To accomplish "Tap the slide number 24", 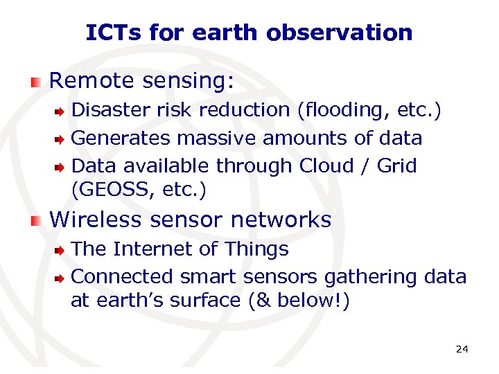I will tap(462, 349).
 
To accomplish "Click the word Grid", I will tap(397, 166).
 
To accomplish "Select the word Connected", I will tap(122, 276).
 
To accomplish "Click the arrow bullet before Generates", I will tap(60, 139).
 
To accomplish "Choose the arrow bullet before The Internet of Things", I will tap(60, 249).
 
